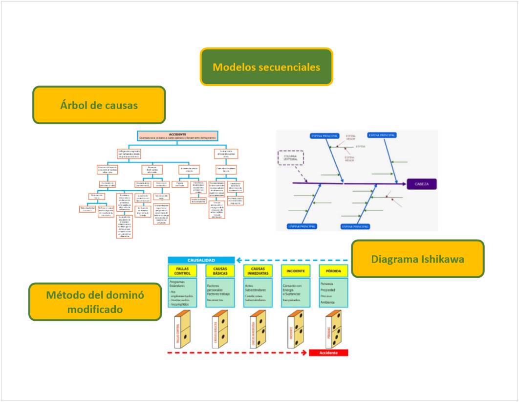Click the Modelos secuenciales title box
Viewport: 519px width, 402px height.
click(266, 67)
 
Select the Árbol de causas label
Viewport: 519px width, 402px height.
click(99, 105)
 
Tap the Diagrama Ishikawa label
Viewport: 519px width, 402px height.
click(418, 259)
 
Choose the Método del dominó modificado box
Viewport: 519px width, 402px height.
click(95, 302)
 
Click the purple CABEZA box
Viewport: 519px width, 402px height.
click(421, 184)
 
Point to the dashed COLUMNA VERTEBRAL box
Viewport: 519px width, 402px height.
click(291, 157)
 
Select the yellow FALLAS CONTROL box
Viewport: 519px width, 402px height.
click(182, 270)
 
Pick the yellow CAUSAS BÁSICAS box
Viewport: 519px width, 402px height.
click(220, 270)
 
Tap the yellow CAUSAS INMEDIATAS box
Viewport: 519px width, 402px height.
click(258, 270)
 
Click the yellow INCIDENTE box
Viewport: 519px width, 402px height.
click(296, 270)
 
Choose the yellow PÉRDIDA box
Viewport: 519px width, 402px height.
click(334, 270)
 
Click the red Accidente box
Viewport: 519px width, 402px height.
click(328, 353)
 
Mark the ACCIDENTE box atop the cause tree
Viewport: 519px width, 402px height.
click(177, 135)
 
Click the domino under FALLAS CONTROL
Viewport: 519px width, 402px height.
click(182, 329)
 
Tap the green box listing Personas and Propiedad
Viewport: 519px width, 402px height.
click(334, 292)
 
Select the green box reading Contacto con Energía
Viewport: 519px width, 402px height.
click(296, 292)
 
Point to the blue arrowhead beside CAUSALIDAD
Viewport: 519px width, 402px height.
click(239, 260)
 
